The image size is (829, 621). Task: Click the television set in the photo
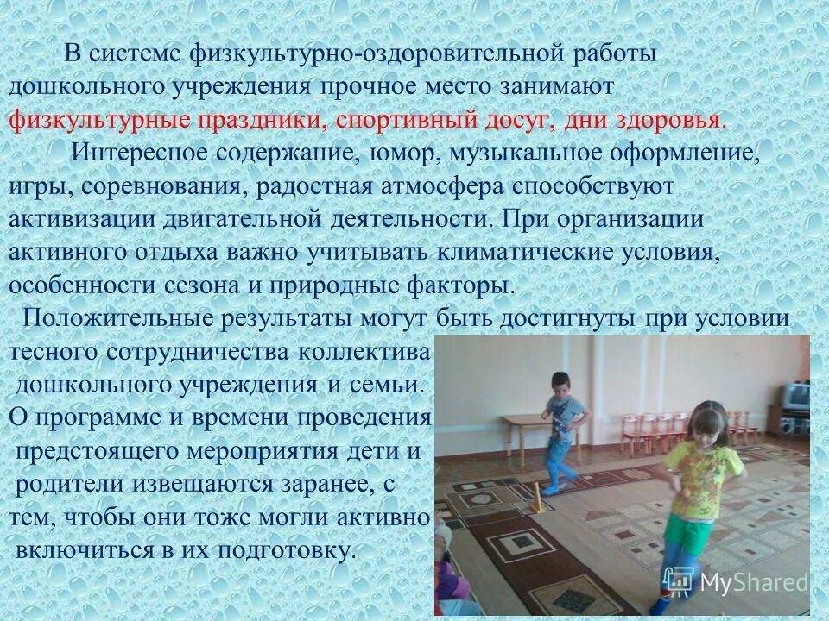pos(795,394)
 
